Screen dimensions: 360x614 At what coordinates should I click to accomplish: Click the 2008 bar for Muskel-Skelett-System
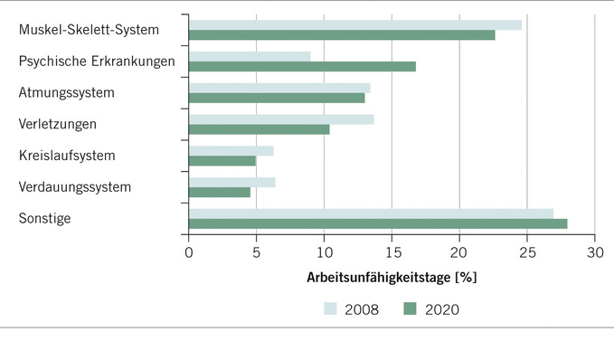(354, 24)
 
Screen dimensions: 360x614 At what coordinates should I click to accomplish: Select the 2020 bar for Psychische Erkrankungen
(302, 66)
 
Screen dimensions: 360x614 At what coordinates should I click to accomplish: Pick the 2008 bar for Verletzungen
(281, 118)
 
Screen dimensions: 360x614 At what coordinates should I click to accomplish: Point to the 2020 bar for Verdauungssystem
(220, 192)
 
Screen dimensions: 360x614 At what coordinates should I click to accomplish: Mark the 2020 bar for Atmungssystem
(277, 98)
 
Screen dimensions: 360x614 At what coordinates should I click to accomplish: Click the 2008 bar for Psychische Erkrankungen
(250, 56)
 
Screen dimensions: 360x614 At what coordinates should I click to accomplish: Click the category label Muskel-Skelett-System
(89, 30)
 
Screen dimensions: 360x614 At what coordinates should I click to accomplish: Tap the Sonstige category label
(44, 218)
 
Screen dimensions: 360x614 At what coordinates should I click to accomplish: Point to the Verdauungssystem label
(75, 187)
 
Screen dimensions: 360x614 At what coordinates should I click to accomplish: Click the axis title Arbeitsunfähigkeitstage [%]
(392, 277)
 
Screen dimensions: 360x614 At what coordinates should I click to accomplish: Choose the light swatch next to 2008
(331, 309)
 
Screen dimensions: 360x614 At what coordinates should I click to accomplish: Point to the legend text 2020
(441, 309)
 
